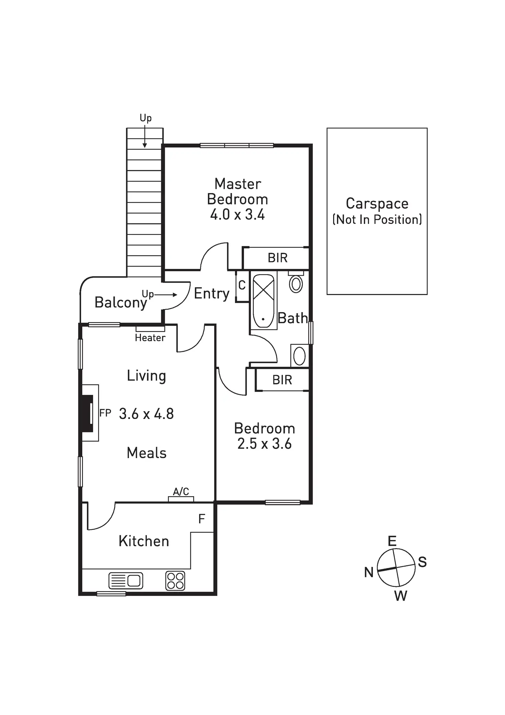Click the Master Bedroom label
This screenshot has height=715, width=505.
coord(237,192)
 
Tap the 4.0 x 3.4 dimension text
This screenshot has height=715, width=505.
coord(237,215)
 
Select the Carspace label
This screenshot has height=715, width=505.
coord(377,203)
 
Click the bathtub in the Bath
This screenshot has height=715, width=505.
coord(263,301)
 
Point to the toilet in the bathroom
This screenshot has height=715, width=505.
coord(296,283)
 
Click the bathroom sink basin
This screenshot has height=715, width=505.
coord(300,356)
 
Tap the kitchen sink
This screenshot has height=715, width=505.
coord(126,581)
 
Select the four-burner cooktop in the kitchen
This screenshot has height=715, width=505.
coord(175,581)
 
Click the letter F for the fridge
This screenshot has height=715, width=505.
coord(202,519)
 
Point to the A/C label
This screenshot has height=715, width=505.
coord(181,491)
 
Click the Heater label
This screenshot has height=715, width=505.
coord(150,338)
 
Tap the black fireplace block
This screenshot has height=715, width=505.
coord(87,413)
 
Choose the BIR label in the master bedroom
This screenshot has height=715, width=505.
coord(278,258)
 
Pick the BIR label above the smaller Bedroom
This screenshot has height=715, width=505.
coord(282,380)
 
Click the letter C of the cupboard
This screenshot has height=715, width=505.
coord(242,285)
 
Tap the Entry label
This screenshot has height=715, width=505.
coord(212,294)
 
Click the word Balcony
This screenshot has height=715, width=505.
coord(120,303)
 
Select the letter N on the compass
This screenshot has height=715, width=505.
coord(369,572)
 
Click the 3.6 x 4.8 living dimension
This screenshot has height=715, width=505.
coord(146,414)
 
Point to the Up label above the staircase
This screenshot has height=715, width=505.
coord(145,118)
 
